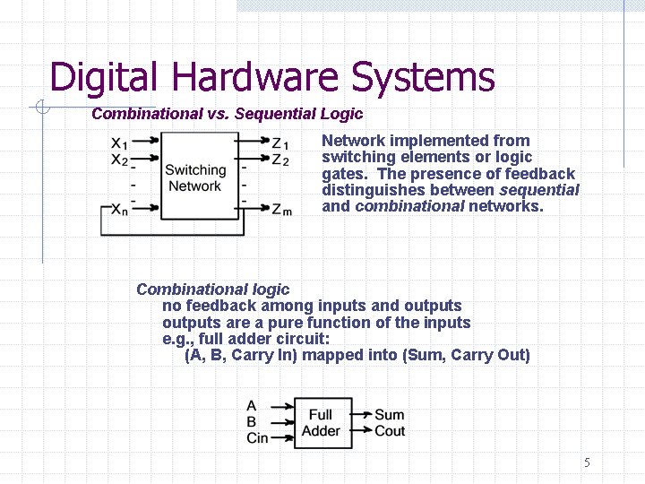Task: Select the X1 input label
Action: (120, 143)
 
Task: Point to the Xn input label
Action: (120, 211)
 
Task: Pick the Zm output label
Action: (280, 211)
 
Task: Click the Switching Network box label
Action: (194, 177)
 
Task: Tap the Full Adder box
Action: (321, 422)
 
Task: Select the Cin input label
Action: (257, 438)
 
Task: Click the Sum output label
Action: (389, 415)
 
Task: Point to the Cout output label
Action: (390, 431)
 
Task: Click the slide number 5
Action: (587, 463)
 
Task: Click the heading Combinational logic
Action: (213, 290)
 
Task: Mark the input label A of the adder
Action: (251, 406)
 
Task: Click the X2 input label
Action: (120, 160)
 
